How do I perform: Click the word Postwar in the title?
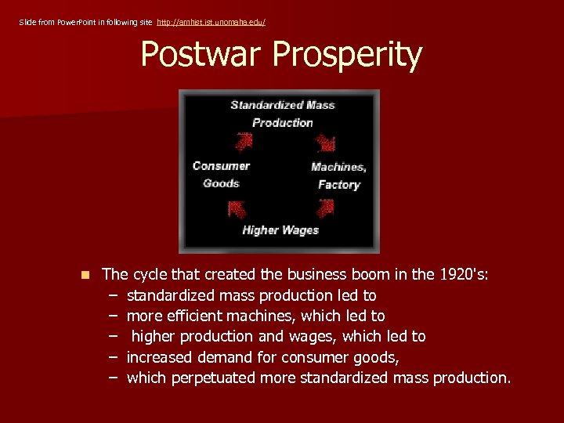coord(203,55)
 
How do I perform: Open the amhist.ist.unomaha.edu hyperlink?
coord(211,22)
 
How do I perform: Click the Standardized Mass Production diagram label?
coord(282,114)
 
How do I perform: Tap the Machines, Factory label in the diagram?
coord(338,175)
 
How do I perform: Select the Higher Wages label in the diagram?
coord(280,230)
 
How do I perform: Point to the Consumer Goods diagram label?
coord(221,174)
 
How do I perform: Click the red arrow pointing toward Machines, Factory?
coord(324,143)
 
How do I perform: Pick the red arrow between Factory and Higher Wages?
coord(325,208)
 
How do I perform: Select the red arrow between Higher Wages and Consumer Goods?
coord(237,209)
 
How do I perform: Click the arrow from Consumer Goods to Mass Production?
coord(244,142)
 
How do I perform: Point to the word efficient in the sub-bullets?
coord(197,316)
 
